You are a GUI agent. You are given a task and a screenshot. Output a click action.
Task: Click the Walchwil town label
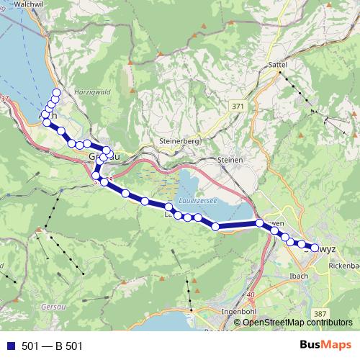[23, 4]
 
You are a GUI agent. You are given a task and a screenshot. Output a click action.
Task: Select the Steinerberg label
[176, 141]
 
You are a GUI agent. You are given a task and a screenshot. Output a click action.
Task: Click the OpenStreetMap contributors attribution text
[298, 322]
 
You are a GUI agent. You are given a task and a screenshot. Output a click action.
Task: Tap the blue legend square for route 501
[10, 346]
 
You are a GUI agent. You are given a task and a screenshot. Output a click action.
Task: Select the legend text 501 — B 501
[53, 346]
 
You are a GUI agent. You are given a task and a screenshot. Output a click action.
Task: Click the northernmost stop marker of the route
[56, 93]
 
